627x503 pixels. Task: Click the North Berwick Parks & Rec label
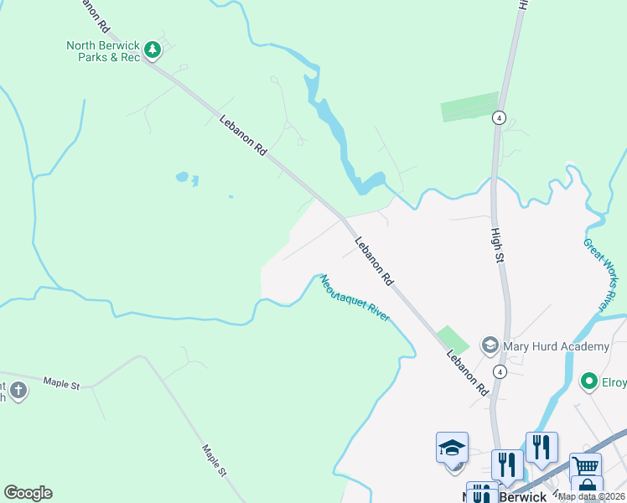tap(102, 51)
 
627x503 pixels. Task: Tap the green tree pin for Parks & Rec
tap(152, 50)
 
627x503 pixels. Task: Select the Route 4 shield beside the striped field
tap(500, 117)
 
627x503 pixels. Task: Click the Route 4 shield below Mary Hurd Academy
tap(500, 371)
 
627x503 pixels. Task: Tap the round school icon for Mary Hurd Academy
tap(490, 345)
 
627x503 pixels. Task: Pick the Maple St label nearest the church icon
tap(62, 385)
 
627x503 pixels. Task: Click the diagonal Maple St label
tap(214, 459)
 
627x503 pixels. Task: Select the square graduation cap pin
tap(452, 449)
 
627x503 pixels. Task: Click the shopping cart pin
tap(585, 466)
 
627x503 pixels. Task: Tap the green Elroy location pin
tap(589, 382)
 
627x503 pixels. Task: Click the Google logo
tap(28, 493)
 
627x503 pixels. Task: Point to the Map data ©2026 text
tap(592, 496)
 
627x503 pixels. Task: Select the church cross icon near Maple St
tap(18, 390)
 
